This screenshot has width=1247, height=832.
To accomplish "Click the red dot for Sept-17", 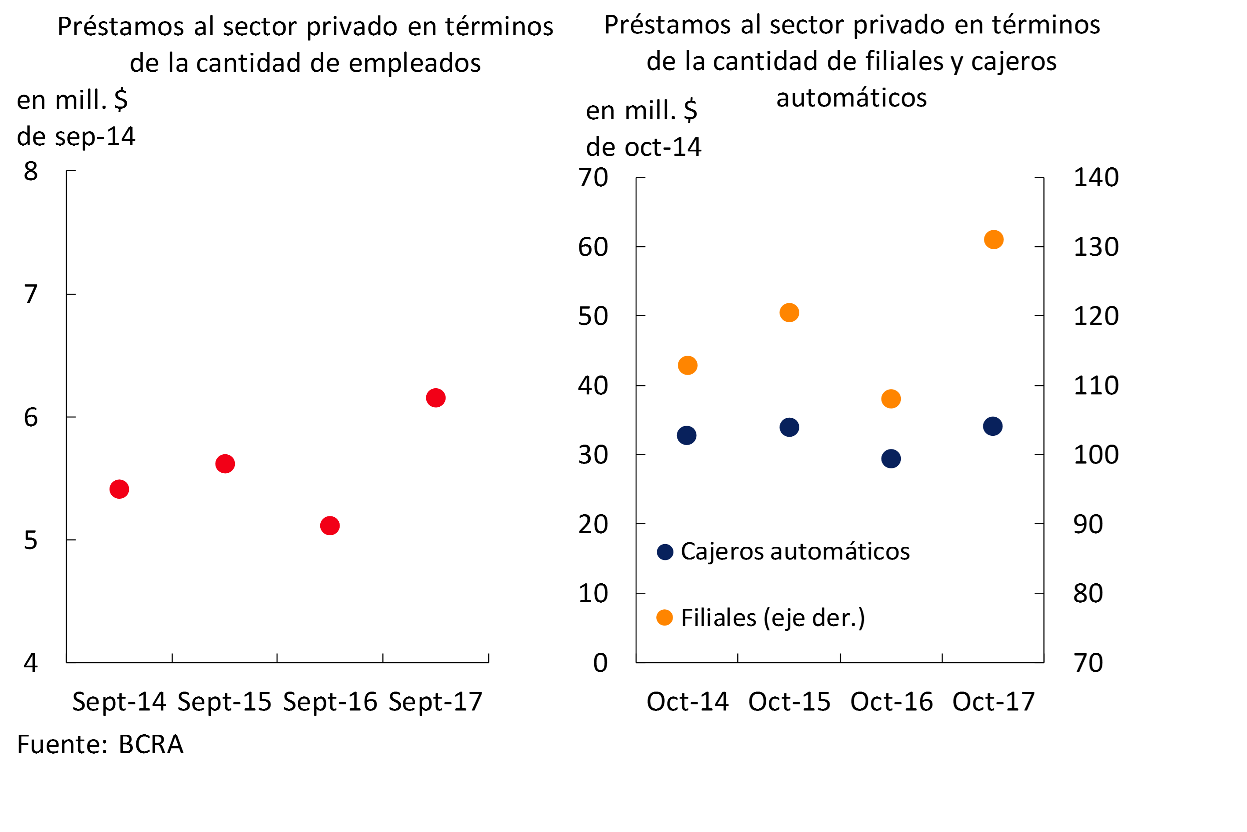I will pos(435,398).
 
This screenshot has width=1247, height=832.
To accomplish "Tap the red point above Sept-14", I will pos(119,489).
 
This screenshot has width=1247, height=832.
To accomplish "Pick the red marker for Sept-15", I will pos(225,464).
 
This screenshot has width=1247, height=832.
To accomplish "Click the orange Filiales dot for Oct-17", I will pos(994,239).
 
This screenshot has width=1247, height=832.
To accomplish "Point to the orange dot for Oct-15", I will pos(789,313).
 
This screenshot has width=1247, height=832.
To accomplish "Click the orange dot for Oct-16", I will pos(891,398).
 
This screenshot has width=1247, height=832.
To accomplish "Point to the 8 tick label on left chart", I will pos(31,171).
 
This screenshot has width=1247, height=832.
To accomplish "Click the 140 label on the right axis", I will pos(1096,177).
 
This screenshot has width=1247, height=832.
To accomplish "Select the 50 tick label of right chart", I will pos(593,316).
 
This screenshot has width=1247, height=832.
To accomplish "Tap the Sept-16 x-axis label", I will pos(330,701).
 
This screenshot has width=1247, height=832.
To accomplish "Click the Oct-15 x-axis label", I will pos(789,701).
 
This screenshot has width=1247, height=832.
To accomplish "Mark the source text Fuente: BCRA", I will pos(100,744).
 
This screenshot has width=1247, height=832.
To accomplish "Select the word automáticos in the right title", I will pos(852,98).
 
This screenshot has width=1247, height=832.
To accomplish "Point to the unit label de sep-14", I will pos(77,136).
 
